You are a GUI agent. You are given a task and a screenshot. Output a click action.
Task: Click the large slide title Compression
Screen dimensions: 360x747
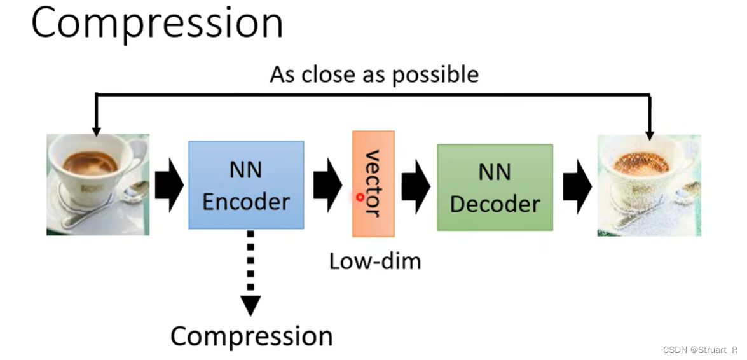156,24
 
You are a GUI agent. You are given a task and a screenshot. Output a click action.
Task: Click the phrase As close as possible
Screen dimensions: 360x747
374,74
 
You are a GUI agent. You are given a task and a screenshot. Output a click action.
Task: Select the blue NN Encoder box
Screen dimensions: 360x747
246,185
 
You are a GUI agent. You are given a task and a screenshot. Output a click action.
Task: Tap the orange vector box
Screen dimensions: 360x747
373,184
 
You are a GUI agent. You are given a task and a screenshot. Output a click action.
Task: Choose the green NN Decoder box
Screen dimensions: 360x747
495,187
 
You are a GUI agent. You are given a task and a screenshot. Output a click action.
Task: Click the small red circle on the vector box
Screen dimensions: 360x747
360,197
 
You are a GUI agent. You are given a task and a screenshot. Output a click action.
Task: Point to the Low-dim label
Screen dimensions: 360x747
374,261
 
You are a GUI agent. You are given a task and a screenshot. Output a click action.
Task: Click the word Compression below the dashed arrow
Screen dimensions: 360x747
251,336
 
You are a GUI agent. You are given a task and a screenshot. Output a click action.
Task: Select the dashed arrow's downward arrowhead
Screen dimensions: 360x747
250,305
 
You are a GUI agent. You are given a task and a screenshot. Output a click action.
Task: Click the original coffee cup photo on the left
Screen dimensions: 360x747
98,184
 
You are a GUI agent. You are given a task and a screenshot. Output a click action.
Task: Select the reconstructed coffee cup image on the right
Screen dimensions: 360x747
648,185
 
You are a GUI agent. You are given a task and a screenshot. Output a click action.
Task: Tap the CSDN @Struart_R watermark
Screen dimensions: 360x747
699,350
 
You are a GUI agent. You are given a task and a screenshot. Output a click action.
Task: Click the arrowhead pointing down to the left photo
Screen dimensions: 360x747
96,130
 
